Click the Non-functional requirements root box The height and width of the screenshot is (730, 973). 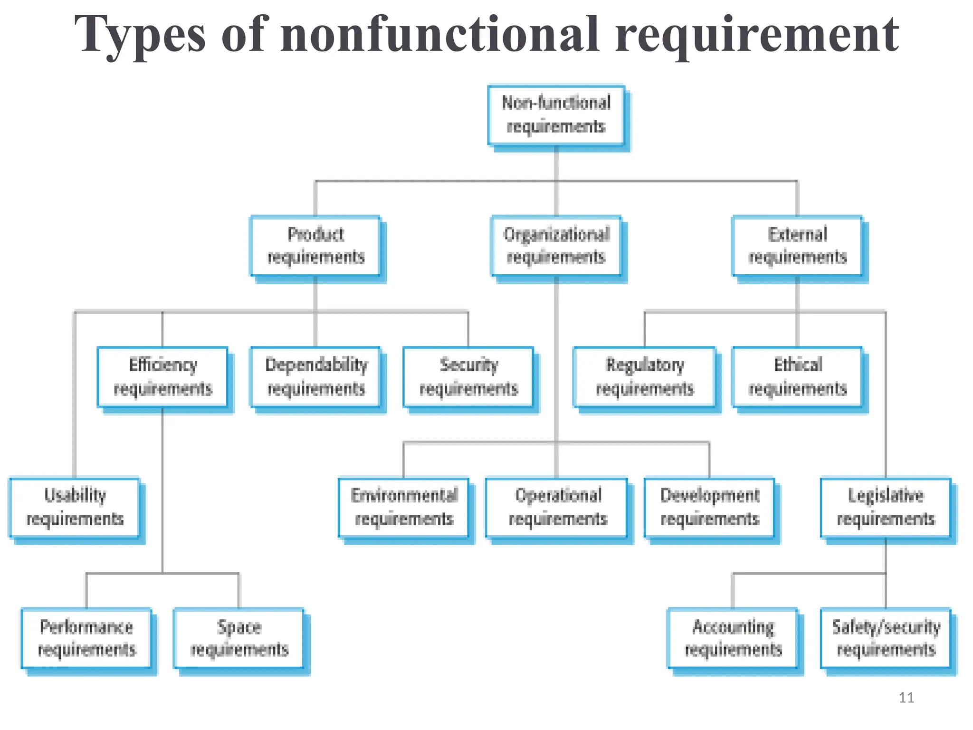tap(556, 115)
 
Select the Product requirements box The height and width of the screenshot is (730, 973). tap(315, 246)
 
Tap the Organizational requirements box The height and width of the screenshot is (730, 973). tap(556, 246)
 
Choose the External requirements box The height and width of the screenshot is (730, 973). tap(797, 246)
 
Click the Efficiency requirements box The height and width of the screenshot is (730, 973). tap(162, 377)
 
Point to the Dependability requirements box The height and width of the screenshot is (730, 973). tap(315, 377)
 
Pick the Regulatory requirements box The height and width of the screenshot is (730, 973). tap(645, 377)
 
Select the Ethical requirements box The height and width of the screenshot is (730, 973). tap(797, 377)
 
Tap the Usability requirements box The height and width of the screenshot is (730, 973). tap(75, 508)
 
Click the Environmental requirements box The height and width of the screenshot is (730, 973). tap(404, 508)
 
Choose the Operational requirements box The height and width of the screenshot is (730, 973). tap(557, 508)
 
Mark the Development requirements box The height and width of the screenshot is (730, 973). tap(710, 508)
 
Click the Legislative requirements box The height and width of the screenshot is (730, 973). tap(886, 508)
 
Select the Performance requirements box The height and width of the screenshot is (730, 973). tap(86, 638)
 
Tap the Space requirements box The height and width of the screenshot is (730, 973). tap(239, 638)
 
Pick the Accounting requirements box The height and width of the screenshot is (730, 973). tap(733, 638)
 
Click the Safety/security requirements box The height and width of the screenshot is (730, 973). tap(886, 638)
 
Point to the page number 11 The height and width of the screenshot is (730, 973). tap(906, 698)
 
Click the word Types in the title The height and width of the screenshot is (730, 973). tap(141, 34)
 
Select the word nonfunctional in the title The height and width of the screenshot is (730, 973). tap(439, 34)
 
